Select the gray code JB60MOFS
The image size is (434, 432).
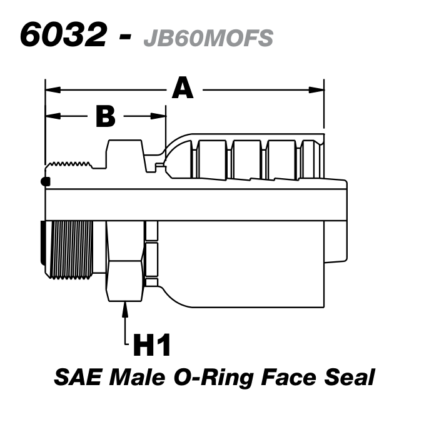pos(208,38)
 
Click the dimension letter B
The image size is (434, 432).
pos(106,116)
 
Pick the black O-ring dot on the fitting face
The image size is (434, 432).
pos(45,182)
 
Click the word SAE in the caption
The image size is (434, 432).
pos(78,377)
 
